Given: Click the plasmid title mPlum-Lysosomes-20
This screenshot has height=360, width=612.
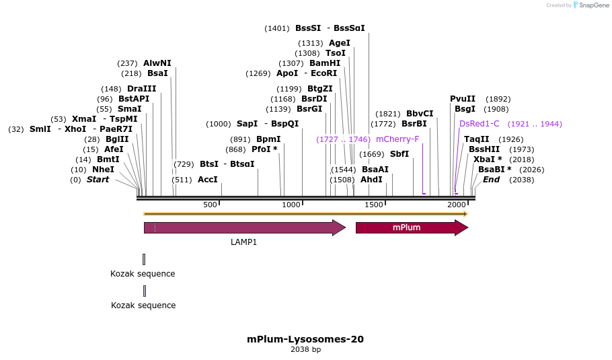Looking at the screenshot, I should point(305,339).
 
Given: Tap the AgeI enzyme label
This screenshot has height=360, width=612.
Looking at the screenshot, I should point(340,43).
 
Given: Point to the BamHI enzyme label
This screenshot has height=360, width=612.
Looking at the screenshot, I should point(325,63).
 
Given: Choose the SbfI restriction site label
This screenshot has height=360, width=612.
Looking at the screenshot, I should point(399,154).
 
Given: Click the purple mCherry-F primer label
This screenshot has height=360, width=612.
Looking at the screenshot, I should point(397,139).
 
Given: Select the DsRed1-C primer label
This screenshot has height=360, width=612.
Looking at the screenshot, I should point(480,124).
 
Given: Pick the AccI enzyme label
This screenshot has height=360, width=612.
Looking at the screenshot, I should point(208,180).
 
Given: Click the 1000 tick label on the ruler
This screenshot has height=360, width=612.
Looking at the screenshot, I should point(291,205).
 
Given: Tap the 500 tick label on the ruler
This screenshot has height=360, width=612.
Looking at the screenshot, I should point(210,205).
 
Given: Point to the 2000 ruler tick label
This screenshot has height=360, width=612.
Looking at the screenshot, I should point(456,205).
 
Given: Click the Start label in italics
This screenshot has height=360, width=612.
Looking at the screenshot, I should point(98,180).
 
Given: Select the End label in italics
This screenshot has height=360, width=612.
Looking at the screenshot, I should point(491,180).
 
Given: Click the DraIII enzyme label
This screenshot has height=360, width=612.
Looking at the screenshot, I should point(141,89).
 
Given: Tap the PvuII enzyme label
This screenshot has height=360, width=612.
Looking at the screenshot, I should point(463,99).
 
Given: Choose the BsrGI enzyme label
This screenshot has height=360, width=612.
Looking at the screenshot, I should point(309,109).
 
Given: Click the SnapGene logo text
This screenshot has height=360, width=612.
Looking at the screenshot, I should point(590,5).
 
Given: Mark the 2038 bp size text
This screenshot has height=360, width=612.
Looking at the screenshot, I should point(305,349).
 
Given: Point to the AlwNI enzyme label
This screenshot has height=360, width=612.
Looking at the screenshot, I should point(157,63).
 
